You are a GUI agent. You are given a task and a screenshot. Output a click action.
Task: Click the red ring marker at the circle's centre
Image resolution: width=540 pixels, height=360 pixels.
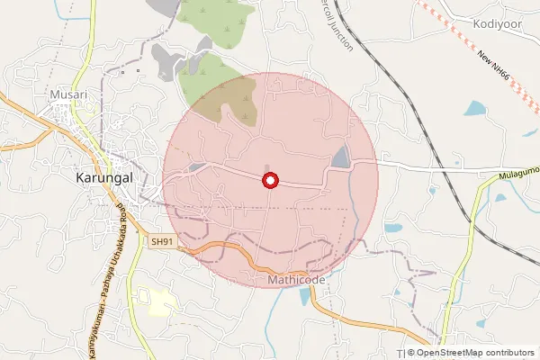[270, 181]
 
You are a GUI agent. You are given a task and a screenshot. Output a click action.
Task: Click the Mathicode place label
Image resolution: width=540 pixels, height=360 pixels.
[296, 280]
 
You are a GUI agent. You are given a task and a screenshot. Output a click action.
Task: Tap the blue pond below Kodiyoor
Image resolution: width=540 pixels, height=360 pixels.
[474, 109]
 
